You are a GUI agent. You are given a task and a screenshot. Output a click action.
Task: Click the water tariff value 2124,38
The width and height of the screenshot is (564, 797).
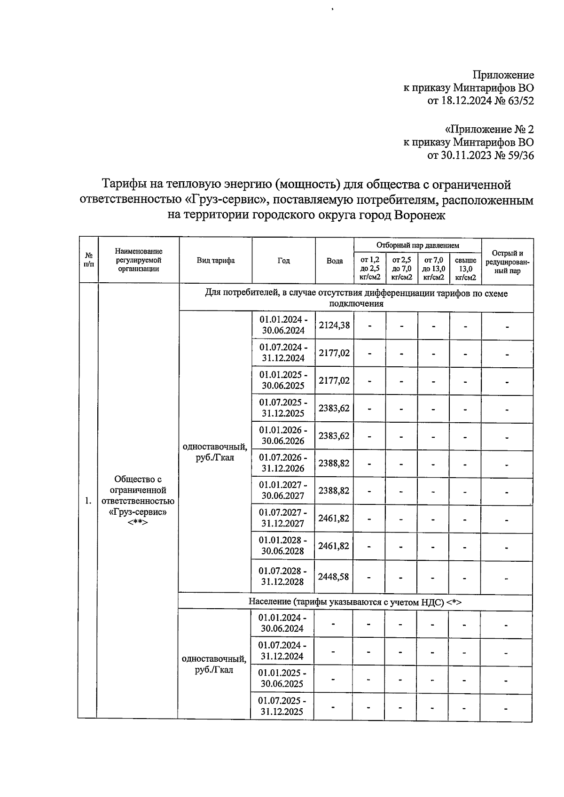pyautogui.click(x=334, y=325)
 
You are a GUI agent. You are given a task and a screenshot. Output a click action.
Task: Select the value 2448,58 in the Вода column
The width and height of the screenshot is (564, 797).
pyautogui.click(x=334, y=576)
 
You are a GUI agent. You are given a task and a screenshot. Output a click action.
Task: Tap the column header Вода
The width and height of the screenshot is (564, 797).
pyautogui.click(x=335, y=261)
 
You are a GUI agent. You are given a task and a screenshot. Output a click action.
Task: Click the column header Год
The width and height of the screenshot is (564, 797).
pyautogui.click(x=283, y=261)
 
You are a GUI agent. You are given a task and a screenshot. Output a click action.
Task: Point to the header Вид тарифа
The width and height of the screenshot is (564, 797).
pyautogui.click(x=215, y=261)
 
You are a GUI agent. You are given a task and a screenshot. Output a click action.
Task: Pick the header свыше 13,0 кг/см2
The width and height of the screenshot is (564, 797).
pyautogui.click(x=465, y=269)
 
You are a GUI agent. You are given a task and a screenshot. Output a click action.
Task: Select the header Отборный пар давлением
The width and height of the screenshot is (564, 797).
pyautogui.click(x=417, y=245)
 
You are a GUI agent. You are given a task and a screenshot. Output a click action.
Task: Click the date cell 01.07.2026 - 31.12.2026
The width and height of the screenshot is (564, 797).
pyautogui.click(x=283, y=463)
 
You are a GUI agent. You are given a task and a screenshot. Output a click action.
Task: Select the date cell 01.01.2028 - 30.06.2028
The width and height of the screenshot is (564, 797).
pyautogui.click(x=283, y=545)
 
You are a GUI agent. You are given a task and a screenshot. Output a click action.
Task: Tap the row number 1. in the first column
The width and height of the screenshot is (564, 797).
pyautogui.click(x=88, y=501)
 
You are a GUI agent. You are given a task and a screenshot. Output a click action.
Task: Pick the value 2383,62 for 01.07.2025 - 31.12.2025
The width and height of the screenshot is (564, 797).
pyautogui.click(x=334, y=408)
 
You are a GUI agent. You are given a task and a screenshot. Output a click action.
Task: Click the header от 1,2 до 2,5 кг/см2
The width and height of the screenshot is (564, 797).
pyautogui.click(x=370, y=269)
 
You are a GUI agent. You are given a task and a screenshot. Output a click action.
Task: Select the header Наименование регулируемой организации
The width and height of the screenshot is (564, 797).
pyautogui.click(x=138, y=260)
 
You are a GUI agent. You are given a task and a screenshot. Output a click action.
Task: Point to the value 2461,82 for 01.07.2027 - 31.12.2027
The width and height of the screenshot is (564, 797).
pyautogui.click(x=334, y=518)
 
